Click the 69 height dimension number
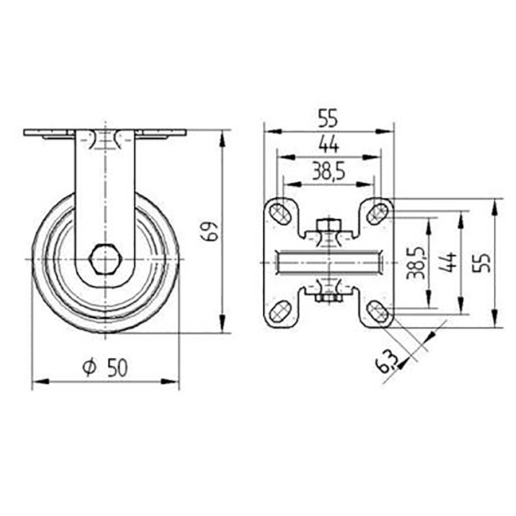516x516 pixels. (x=210, y=231)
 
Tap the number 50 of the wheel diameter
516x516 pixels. (x=116, y=368)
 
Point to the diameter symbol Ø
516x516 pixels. (x=89, y=368)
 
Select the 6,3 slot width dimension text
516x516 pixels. (x=387, y=361)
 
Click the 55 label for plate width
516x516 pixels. (x=328, y=119)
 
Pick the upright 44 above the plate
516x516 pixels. (x=327, y=146)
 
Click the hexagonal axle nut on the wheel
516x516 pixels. (x=102, y=260)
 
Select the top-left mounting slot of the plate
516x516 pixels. (x=280, y=213)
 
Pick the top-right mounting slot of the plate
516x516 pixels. (x=377, y=213)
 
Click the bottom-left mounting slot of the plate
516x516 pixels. (x=280, y=312)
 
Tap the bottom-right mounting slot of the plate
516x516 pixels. (x=377, y=312)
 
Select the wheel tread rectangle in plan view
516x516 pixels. (x=328, y=263)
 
